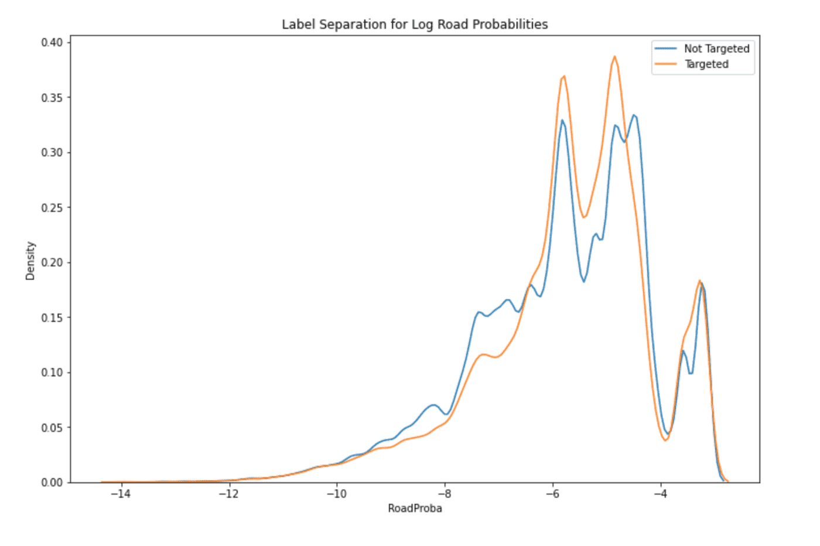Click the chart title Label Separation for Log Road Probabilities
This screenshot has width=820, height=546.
pyautogui.click(x=415, y=25)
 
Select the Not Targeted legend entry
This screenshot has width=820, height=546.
pyautogui.click(x=716, y=49)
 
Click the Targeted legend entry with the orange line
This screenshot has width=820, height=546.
pyautogui.click(x=706, y=64)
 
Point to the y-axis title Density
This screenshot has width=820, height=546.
pyautogui.click(x=30, y=261)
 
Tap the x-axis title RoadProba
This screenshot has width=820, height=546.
pyautogui.click(x=415, y=508)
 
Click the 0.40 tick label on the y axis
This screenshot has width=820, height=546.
pyautogui.click(x=52, y=42)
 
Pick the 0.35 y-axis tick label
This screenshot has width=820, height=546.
pyautogui.click(x=52, y=97)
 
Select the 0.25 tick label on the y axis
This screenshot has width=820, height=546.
pyautogui.click(x=52, y=207)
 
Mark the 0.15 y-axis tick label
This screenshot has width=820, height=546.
pyautogui.click(x=52, y=318)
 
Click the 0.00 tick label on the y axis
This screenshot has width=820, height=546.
pyautogui.click(x=52, y=482)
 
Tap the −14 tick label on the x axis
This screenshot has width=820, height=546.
pyautogui.click(x=121, y=494)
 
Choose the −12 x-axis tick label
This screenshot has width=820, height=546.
pyautogui.click(x=228, y=494)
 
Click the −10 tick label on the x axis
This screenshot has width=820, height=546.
pyautogui.click(x=337, y=494)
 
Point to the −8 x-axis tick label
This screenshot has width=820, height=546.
pyautogui.click(x=445, y=494)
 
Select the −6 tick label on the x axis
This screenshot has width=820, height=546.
pyautogui.click(x=552, y=494)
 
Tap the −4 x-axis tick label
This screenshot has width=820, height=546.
pyautogui.click(x=660, y=494)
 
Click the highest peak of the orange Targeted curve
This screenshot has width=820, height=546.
pyautogui.click(x=614, y=57)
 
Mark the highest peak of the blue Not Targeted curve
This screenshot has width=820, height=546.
pyautogui.click(x=634, y=115)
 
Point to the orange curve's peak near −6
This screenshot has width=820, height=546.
pyautogui.click(x=563, y=76)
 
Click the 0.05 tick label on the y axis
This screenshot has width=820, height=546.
pyautogui.click(x=52, y=428)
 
